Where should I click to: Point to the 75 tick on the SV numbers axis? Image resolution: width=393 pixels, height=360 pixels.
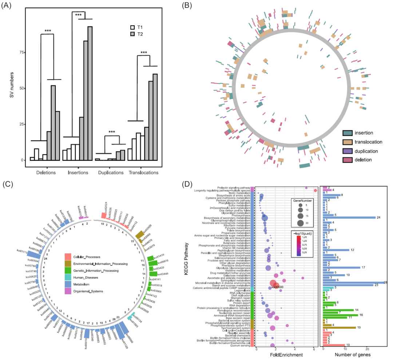(x=20, y=52)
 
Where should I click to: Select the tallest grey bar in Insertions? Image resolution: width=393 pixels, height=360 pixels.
(x=90, y=93)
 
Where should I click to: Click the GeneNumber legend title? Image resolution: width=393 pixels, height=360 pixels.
(x=302, y=199)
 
